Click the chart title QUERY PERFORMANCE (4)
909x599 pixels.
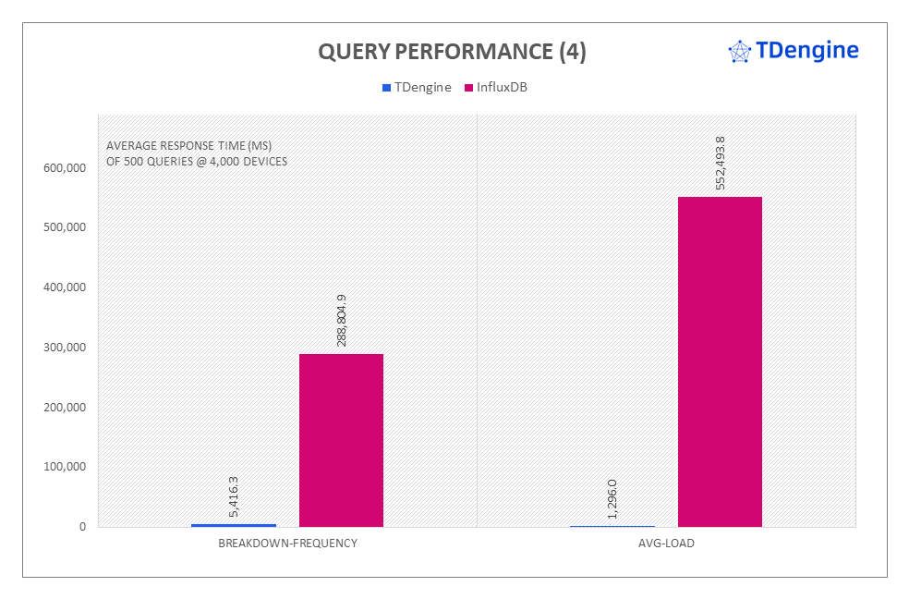tap(452, 53)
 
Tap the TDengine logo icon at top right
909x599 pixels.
tap(740, 51)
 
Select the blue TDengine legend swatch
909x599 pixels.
tap(386, 88)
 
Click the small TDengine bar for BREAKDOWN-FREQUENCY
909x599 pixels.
tap(234, 525)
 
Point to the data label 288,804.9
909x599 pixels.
tap(342, 321)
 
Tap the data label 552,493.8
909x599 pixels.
tap(721, 164)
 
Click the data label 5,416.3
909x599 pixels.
tap(234, 496)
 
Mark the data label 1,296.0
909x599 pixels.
tap(612, 499)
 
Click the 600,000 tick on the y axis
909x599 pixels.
tap(64, 168)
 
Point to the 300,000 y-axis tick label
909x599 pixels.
tap(64, 348)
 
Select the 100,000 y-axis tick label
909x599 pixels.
tap(64, 467)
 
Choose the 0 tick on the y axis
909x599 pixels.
tap(82, 527)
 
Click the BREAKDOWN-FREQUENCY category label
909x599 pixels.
tap(287, 544)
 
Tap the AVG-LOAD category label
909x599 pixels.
tap(666, 544)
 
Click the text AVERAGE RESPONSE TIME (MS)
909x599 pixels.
tap(188, 146)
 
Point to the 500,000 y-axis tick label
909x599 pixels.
tap(64, 227)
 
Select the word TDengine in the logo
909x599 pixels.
tap(807, 50)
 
